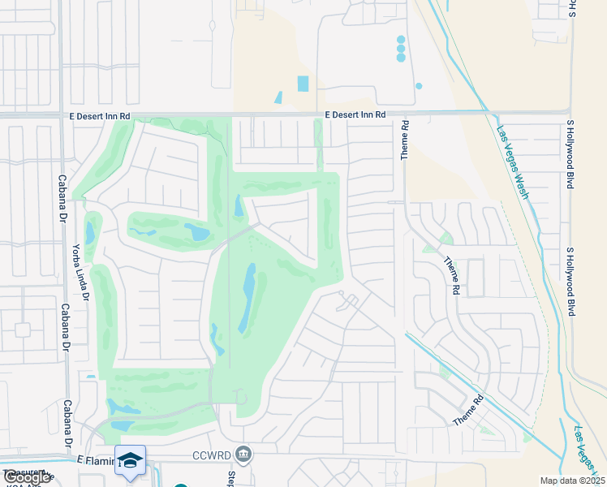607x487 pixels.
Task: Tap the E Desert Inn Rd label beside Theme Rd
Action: pyautogui.click(x=355, y=115)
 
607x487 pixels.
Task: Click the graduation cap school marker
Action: pyautogui.click(x=130, y=460)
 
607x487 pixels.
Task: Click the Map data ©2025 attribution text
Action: pyautogui.click(x=572, y=481)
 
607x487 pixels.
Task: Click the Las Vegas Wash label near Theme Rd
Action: pyautogui.click(x=513, y=162)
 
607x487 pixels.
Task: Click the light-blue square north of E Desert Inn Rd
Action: pyautogui.click(x=303, y=83)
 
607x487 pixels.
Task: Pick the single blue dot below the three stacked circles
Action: pyautogui.click(x=419, y=85)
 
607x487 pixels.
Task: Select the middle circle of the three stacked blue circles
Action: pyautogui.click(x=401, y=49)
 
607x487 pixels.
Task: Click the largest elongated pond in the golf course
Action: pyautogui.click(x=248, y=298)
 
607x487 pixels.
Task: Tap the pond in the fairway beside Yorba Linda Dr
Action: pyautogui.click(x=90, y=233)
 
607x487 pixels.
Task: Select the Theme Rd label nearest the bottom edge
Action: pyautogui.click(x=468, y=410)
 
